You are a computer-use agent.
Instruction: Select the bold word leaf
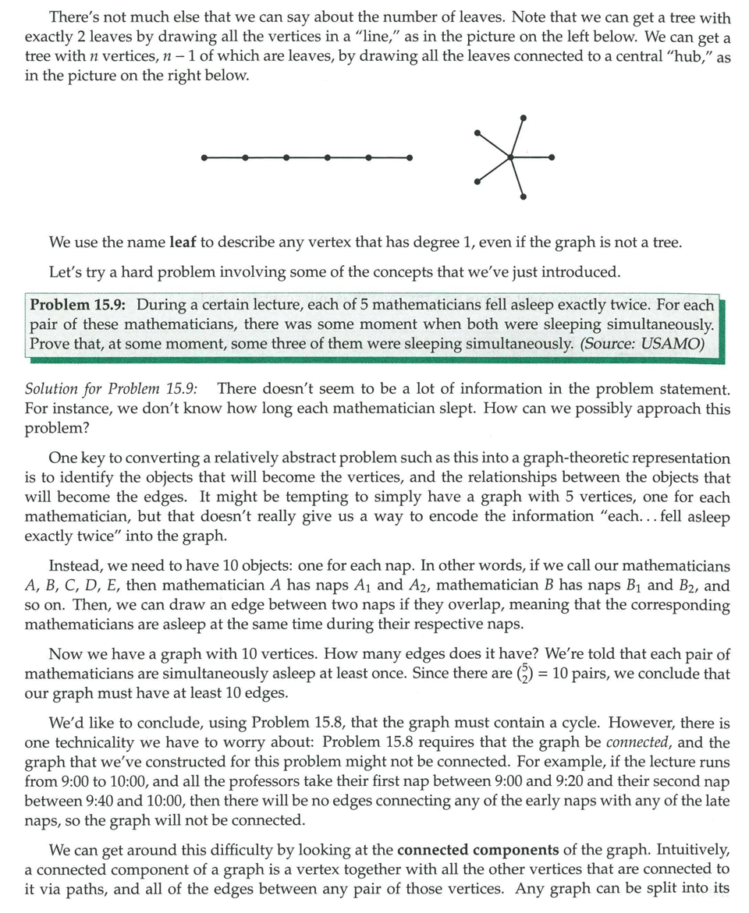pyautogui.click(x=183, y=242)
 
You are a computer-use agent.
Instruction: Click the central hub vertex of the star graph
pyautogui.click(x=511, y=157)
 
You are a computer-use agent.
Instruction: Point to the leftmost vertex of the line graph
pyautogui.click(x=204, y=157)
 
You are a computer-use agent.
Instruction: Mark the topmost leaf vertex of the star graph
pyautogui.click(x=524, y=118)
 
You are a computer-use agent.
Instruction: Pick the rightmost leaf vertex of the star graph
pyautogui.click(x=552, y=157)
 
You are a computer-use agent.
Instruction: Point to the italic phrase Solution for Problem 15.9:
pyautogui.click(x=112, y=389)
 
